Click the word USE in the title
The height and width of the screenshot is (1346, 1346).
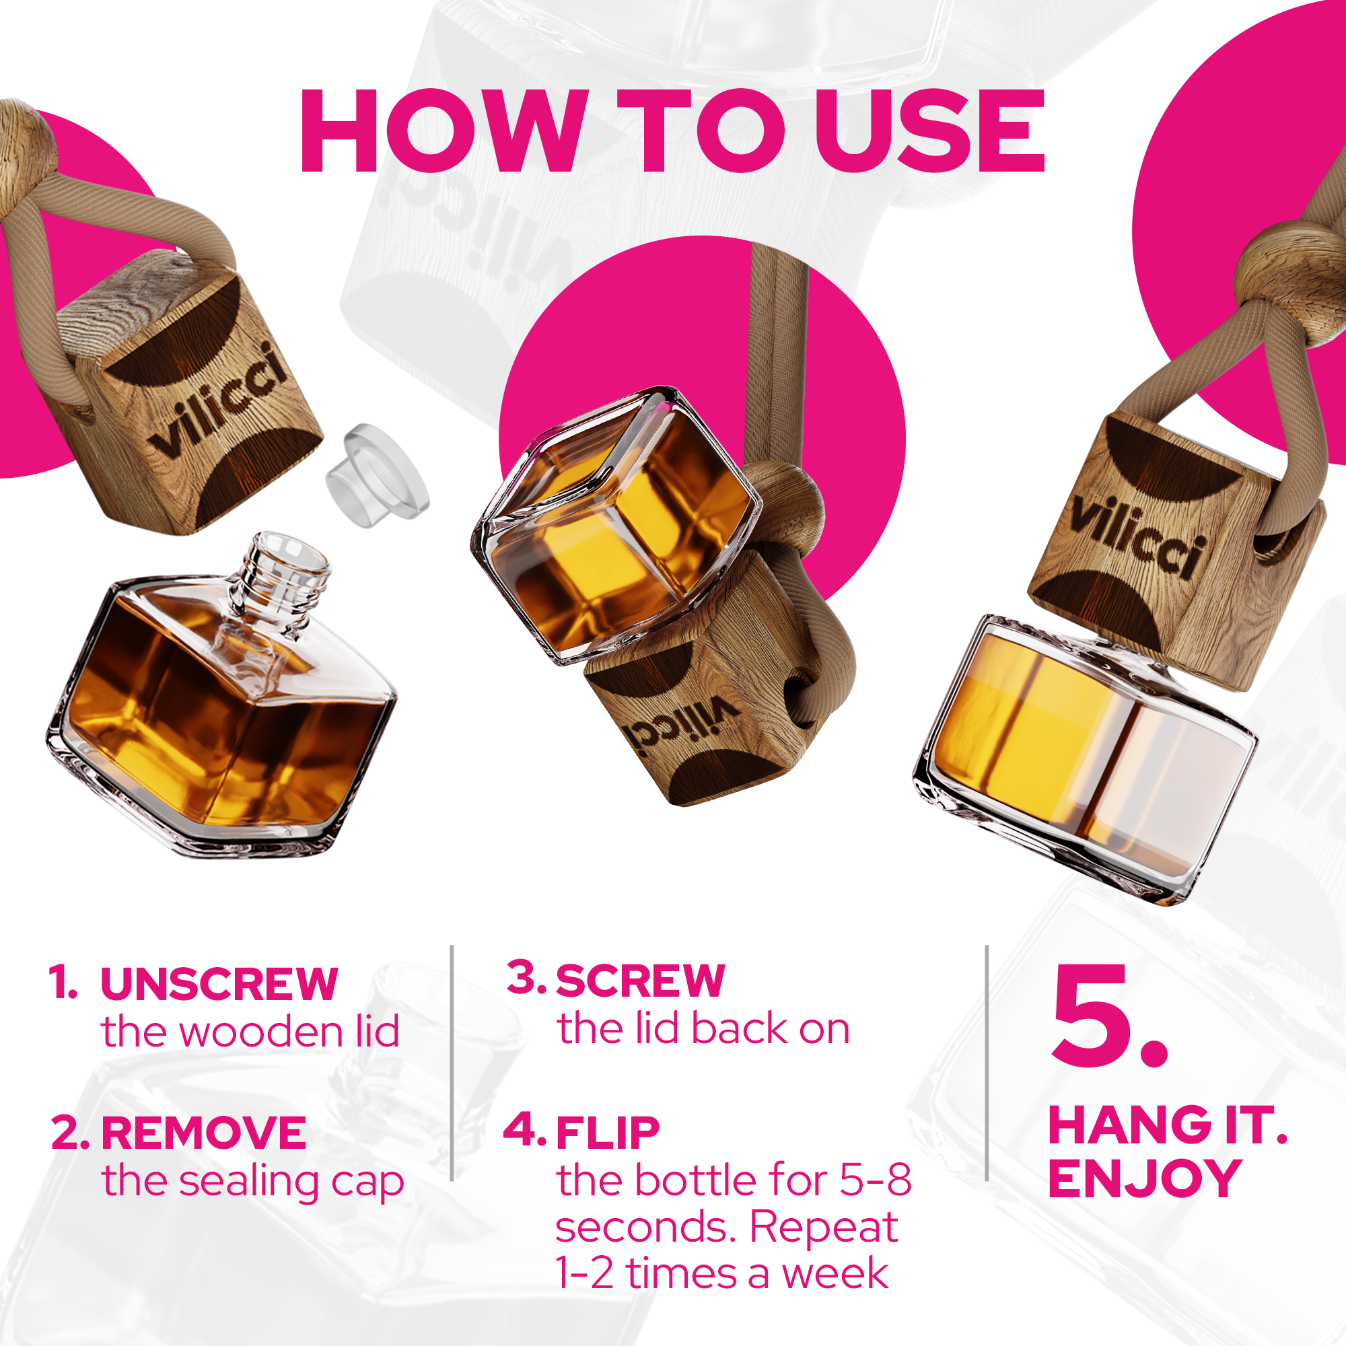[x=930, y=133]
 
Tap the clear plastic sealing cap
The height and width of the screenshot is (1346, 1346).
[x=377, y=476]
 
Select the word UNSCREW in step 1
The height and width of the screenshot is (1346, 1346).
[x=219, y=985]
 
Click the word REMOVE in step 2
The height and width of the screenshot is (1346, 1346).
[x=203, y=1133]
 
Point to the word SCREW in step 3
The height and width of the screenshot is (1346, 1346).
[x=640, y=981]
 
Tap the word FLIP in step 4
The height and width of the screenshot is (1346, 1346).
[x=608, y=1133]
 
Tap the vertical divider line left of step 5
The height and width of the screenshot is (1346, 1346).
[x=987, y=1063]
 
